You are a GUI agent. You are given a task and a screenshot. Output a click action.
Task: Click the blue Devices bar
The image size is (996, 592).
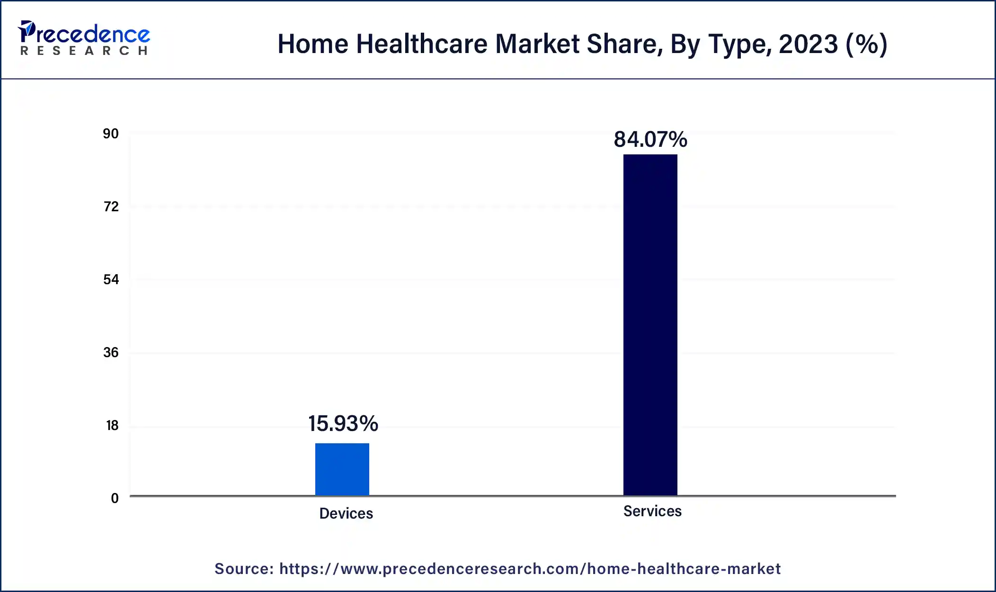point(342,469)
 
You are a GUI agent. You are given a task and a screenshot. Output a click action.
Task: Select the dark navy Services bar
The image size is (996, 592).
point(650,324)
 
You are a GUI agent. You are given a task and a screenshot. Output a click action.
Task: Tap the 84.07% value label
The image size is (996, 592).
point(650,140)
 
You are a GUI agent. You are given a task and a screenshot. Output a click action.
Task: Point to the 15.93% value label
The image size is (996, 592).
point(343,423)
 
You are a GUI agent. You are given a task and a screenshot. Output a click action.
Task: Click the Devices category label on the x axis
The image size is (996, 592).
point(346,513)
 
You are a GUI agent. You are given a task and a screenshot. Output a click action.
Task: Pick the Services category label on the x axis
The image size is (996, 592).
point(652,511)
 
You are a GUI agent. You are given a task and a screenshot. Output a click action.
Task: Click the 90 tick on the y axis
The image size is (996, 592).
point(111,134)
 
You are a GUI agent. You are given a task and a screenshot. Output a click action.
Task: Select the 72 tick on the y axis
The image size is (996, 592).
point(111,207)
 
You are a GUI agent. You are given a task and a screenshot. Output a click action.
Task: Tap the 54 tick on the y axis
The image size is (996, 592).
point(111,280)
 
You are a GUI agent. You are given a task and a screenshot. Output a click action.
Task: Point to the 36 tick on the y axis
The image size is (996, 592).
point(111,353)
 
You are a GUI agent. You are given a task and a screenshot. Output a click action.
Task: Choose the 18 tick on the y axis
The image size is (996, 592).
point(112,426)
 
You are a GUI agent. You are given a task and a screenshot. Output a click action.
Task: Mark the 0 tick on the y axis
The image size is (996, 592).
point(115,499)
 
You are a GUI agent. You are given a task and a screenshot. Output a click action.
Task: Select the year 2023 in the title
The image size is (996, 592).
point(808,44)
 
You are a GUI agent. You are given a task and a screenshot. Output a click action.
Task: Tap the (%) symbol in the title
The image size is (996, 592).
point(866,44)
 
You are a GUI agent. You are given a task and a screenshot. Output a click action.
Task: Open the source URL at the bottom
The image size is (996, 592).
point(530,569)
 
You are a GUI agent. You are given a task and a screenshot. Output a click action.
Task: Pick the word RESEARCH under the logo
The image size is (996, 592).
point(84,51)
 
